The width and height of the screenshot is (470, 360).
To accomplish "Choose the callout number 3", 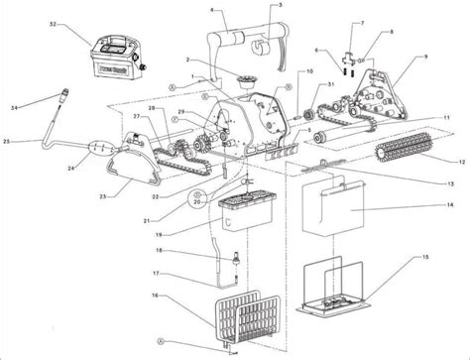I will tap(251, 7).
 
